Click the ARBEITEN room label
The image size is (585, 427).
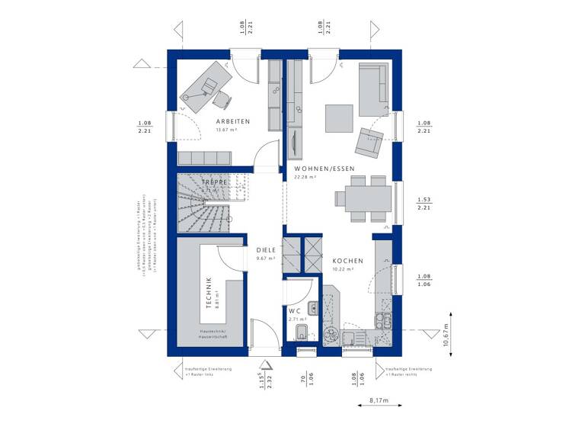tap(232, 121)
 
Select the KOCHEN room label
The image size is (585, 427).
tap(347, 261)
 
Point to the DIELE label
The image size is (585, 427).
tap(266, 249)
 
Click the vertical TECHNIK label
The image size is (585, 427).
tap(208, 293)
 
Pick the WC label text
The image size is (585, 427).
tap(296, 311)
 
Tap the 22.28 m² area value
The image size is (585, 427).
tap(305, 178)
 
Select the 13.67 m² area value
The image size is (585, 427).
tap(228, 130)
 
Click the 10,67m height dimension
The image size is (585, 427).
tap(446, 334)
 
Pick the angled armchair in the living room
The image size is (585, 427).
tap(369, 140)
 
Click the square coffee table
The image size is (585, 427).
tap(338, 117)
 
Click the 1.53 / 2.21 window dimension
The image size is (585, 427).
tap(424, 203)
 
